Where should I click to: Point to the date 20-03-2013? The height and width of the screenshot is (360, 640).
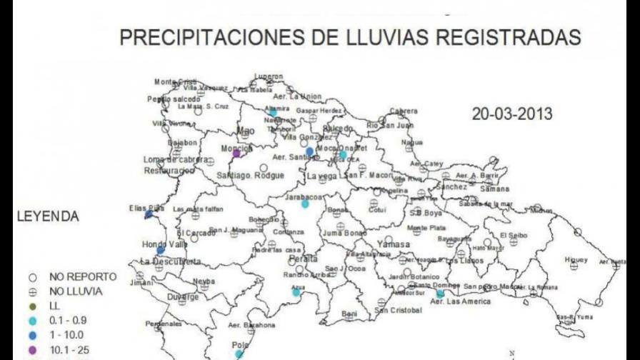(511, 114)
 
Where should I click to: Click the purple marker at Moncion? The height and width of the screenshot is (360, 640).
(236, 153)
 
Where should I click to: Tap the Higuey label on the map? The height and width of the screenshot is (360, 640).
(575, 259)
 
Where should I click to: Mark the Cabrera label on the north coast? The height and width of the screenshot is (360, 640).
(404, 111)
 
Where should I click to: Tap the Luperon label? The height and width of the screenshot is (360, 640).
(269, 76)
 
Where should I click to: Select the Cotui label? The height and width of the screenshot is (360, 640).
(376, 209)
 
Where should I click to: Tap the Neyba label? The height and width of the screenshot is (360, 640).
(204, 281)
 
